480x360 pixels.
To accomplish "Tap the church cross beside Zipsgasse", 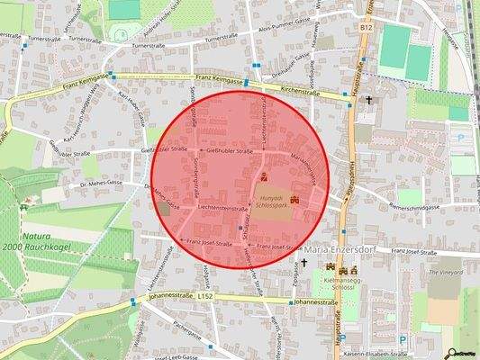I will click(x=303, y=264).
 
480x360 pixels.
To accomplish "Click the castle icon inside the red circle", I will click(x=263, y=173).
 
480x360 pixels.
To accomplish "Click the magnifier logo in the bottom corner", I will click(x=465, y=352).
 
